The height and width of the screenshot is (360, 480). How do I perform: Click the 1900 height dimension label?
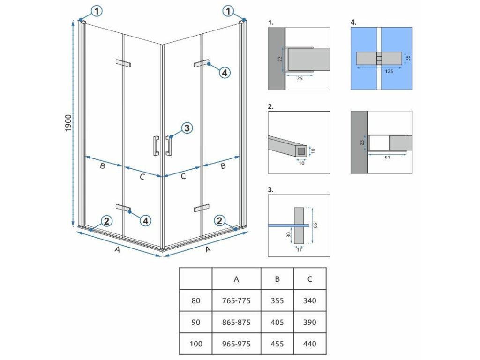click(x=68, y=123)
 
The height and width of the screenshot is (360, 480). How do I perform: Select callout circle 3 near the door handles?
click(x=186, y=127)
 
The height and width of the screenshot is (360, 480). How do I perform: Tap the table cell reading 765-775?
click(x=236, y=300)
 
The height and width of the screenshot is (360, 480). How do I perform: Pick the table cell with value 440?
click(x=309, y=344)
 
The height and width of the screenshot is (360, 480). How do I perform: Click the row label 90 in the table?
click(x=195, y=322)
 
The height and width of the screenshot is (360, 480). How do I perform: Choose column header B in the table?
click(x=277, y=279)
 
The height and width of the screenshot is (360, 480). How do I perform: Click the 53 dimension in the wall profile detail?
click(x=387, y=158)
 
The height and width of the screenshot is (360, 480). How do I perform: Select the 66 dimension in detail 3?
click(x=315, y=225)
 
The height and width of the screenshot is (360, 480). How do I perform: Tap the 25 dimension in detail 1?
click(x=300, y=78)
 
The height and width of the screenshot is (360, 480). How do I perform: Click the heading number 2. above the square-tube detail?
click(x=271, y=106)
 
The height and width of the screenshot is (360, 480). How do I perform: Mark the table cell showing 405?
click(x=277, y=322)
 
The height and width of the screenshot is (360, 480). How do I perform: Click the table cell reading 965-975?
click(x=236, y=344)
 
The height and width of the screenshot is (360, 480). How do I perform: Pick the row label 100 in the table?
click(x=195, y=344)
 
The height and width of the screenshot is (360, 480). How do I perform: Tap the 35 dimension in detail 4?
click(x=407, y=58)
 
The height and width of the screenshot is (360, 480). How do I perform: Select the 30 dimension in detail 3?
click(x=289, y=235)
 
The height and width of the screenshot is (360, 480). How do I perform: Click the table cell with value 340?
click(x=309, y=300)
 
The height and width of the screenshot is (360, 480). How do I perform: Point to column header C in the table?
click(x=309, y=279)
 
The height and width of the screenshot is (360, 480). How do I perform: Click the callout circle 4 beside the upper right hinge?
click(x=224, y=73)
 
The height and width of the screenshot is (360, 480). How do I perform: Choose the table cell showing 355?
click(x=277, y=300)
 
